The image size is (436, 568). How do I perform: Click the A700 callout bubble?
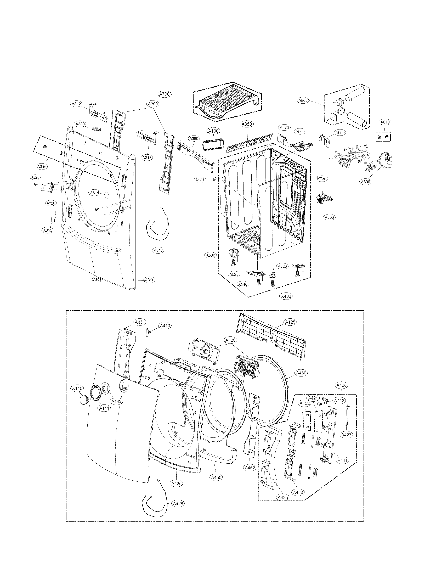[165, 94]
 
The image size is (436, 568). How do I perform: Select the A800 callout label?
[303, 100]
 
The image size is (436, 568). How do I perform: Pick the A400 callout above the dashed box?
[286, 296]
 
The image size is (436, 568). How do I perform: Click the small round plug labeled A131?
[215, 180]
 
